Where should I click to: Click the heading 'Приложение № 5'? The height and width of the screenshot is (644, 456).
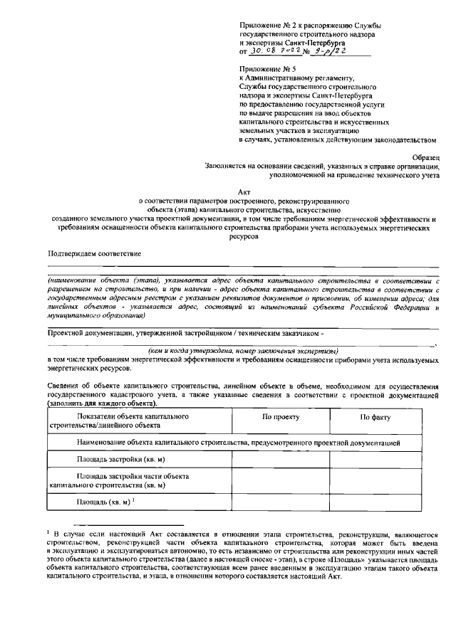tap(266, 69)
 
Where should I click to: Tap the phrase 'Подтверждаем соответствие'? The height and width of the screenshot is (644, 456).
tap(94, 254)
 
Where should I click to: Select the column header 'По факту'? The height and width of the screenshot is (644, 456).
tap(375, 419)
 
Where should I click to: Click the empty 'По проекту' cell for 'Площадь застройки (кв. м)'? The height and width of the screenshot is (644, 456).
tap(280, 459)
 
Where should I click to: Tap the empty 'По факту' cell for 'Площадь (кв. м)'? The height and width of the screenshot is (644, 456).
tap(375, 505)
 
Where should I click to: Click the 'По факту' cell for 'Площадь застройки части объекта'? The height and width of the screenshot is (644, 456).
tap(375, 481)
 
